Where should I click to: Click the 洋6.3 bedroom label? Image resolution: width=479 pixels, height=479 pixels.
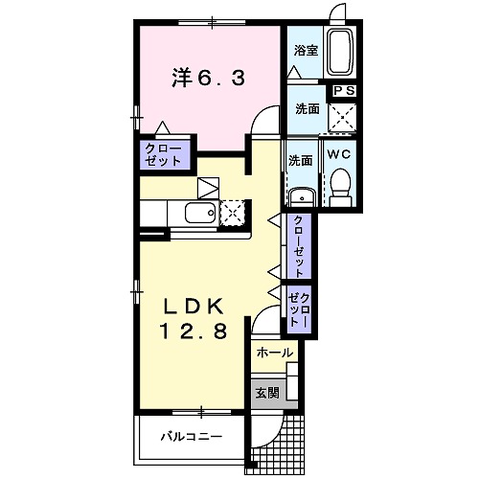(x=207, y=81)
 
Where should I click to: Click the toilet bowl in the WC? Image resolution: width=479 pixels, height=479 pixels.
(x=340, y=183)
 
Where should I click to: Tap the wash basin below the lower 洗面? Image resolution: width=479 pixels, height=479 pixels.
(x=300, y=196)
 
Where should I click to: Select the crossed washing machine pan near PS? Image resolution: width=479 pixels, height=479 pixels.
(x=342, y=118)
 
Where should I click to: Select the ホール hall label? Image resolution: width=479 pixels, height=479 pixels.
(x=275, y=353)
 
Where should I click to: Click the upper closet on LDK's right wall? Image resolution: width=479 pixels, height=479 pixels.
(x=300, y=246)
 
